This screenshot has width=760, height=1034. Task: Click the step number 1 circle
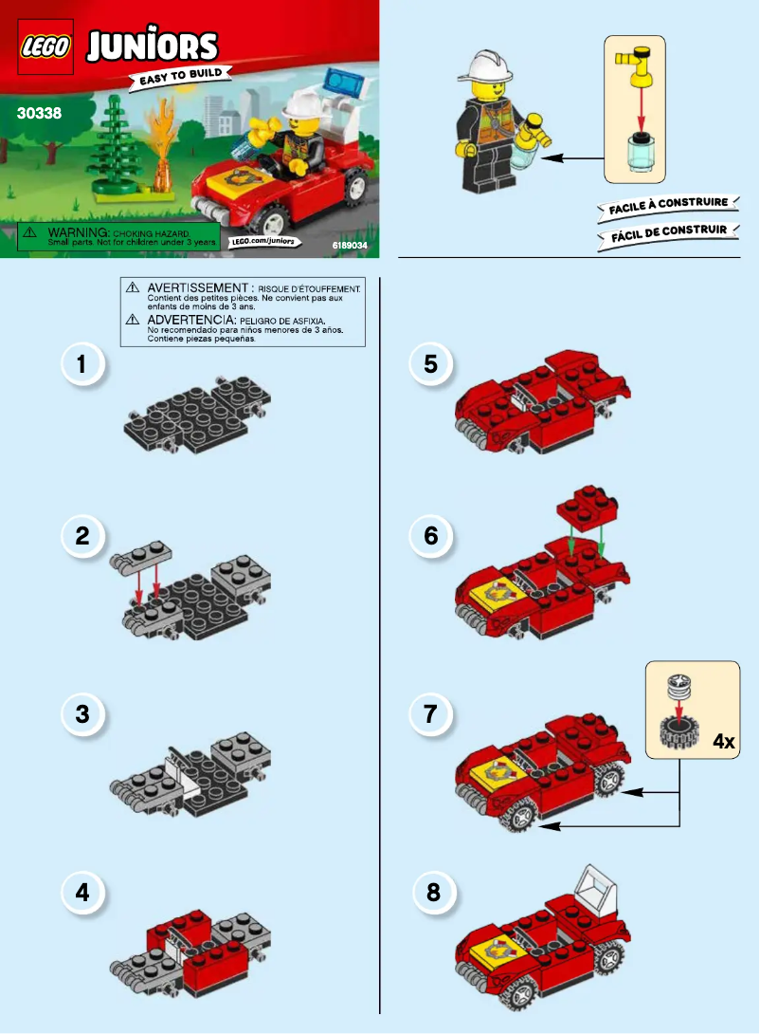click(x=82, y=365)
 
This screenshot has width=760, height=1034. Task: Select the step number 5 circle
click(x=431, y=365)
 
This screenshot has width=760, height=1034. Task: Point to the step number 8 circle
click(x=433, y=892)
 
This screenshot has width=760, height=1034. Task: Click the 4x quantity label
click(x=723, y=742)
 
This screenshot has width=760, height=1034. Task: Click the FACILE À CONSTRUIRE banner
click(x=667, y=204)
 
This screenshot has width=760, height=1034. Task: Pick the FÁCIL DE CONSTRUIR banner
click(x=667, y=231)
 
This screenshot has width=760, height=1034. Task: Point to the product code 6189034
click(x=350, y=245)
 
